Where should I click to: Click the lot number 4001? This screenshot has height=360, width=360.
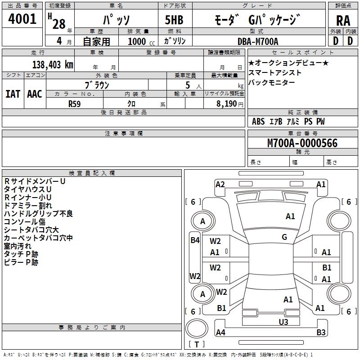coord(22,19)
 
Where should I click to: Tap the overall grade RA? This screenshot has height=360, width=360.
coord(343,21)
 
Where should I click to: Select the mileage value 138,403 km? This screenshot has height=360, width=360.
coord(53,65)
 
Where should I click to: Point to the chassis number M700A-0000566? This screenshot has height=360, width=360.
coord(302,143)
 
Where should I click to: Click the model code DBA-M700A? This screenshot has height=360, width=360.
coord(258,41)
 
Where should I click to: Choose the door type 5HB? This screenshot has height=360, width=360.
coord(174,20)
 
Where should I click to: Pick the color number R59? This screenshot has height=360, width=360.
coord(74,104)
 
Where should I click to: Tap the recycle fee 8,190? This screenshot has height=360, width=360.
coord(226,104)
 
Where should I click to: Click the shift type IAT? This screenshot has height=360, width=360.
coord(13,94)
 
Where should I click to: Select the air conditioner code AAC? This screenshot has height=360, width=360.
coord(35,94)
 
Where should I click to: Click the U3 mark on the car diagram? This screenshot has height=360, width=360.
coord(283,322)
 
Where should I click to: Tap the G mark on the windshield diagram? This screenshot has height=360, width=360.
coord(284,237)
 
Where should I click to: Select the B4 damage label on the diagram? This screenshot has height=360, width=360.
coord(195,240)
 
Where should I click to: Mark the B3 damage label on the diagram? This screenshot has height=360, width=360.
coord(321,332)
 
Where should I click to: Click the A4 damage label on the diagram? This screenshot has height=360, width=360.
coord(220,332)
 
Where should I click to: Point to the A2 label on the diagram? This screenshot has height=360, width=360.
coord(220,184)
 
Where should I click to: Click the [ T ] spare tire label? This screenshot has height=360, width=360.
coord(197,344)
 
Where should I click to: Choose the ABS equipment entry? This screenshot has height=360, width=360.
coord(258,121)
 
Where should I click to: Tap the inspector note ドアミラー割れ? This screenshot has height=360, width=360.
coord(28,206)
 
